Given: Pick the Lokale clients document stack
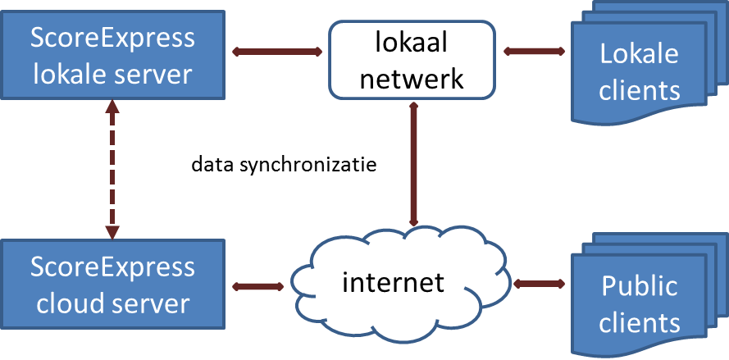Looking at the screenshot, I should coord(640,72).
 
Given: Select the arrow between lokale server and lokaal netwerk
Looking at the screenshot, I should coord(277,52).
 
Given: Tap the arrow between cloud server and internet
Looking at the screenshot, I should coord(257,286).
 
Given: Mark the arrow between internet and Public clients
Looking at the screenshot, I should coord(541,283).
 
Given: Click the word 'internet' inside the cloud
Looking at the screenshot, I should coord(393,282).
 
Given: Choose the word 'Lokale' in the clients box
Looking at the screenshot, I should coord(640,54).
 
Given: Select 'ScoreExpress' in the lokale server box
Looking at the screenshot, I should coord(112,37).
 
